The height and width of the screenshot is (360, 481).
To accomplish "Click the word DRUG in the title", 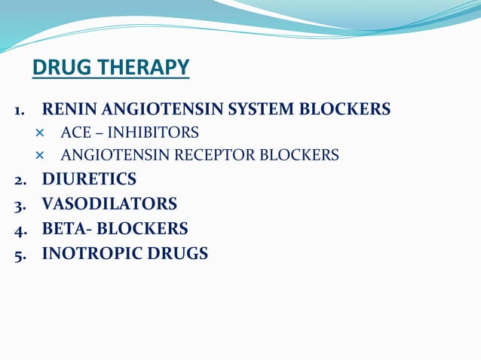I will pos(57,69).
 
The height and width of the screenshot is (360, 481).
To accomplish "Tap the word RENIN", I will pos(66,110).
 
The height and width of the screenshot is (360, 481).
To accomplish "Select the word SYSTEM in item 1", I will pos(259,110).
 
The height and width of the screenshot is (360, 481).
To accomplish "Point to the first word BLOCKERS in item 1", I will pos(345,110).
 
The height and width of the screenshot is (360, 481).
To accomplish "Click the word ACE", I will pos(75,133).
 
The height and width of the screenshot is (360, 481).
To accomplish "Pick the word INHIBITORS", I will pos(153,133).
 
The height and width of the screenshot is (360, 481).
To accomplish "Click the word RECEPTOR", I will pos(208,156).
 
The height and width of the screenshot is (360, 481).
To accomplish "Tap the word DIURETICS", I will pos(89,179).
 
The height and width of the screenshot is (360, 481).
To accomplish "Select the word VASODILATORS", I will pos(109,204).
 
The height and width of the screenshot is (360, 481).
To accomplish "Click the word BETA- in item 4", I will pos(68,228).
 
